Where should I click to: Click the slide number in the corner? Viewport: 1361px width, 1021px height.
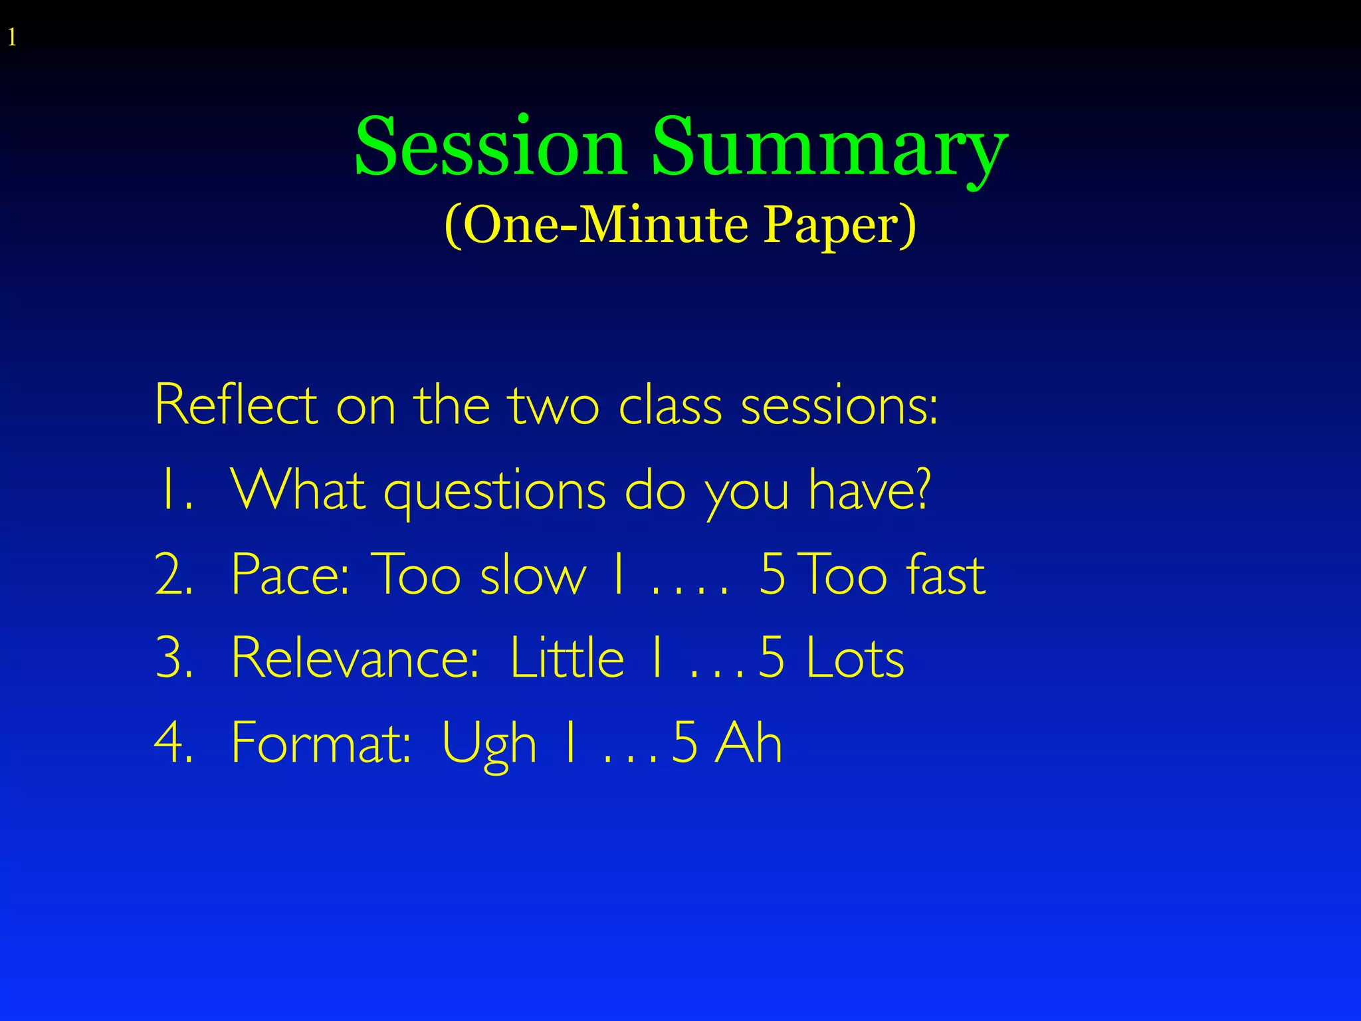12,39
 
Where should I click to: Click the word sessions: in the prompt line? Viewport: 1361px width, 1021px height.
839,405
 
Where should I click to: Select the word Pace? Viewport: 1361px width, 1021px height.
290,575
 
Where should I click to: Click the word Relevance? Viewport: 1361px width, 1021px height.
355,658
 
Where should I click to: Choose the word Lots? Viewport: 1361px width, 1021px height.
855,658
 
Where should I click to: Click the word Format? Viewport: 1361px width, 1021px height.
322,742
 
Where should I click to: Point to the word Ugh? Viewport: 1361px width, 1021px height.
488,744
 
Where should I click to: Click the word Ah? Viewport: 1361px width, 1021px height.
748,742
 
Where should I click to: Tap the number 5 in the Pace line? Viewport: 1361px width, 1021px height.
772,575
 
